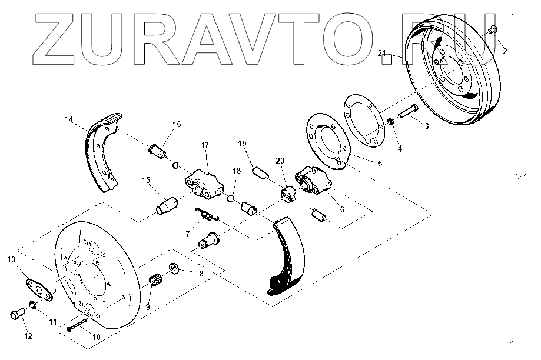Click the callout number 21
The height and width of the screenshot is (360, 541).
tap(382, 54)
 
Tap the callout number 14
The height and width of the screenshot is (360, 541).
tap(69, 120)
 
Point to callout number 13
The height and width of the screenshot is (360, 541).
tap(11, 259)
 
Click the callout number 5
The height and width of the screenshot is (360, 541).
tap(380, 164)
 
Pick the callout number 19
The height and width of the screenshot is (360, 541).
tap(241, 144)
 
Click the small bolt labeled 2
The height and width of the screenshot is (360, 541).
tap(493, 29)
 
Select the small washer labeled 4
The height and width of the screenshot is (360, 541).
tap(390, 122)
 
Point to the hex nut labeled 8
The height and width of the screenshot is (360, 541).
tap(175, 269)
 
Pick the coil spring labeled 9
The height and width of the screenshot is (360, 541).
tap(157, 281)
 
